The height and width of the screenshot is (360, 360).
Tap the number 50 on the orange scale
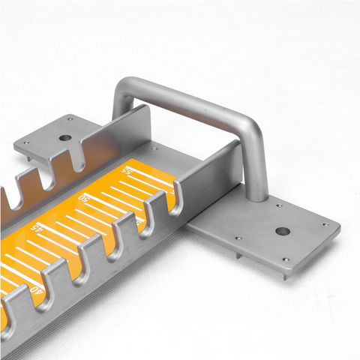(x=84, y=199)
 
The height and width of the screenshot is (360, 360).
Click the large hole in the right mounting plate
(x=282, y=231)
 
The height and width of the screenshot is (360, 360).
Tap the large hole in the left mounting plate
(x=65, y=138)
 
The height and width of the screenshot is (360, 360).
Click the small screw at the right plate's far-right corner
(x=325, y=224)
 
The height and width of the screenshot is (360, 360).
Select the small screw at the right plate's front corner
(x=286, y=260)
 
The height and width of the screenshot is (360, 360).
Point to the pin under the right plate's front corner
(x=285, y=276)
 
